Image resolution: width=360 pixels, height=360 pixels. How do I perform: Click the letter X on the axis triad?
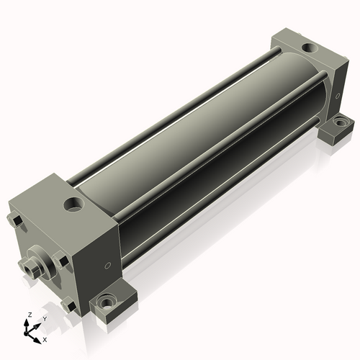coord(45,340)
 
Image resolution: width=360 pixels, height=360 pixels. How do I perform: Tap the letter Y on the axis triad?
coord(45,319)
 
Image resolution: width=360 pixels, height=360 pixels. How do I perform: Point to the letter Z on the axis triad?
coord(30,315)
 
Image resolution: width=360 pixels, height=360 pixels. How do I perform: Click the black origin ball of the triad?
coord(26,333)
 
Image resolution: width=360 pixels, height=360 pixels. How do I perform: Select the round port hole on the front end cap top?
coord(73,204)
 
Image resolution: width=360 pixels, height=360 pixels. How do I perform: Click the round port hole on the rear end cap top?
coord(310,48)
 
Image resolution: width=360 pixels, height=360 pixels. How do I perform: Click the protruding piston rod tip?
coord(30,269)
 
